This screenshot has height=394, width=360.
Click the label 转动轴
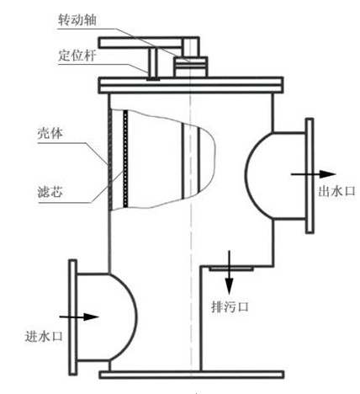[x=77, y=20]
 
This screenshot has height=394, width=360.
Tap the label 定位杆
[x=77, y=56]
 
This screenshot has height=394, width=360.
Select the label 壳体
[x=50, y=134]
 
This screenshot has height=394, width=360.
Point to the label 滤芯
[x=50, y=192]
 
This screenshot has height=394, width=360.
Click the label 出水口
[x=336, y=191]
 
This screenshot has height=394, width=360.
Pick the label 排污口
[x=230, y=306]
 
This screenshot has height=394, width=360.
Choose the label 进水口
[x=44, y=336]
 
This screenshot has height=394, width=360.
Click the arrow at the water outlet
[x=313, y=174]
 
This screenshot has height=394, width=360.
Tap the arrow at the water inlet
[x=79, y=317]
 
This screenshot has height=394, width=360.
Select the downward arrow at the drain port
[x=230, y=272]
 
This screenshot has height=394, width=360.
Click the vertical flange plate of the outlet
[x=310, y=176]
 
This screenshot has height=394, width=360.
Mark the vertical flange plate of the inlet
[x=72, y=317]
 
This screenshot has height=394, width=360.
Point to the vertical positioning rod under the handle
[x=153, y=63]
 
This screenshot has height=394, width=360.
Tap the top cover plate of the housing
[x=190, y=85]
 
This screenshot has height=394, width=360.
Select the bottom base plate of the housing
[x=192, y=375]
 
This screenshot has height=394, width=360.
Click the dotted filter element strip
[x=125, y=158]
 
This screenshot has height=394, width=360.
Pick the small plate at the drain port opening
[x=231, y=269]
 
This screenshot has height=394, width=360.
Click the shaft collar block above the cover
[x=190, y=67]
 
